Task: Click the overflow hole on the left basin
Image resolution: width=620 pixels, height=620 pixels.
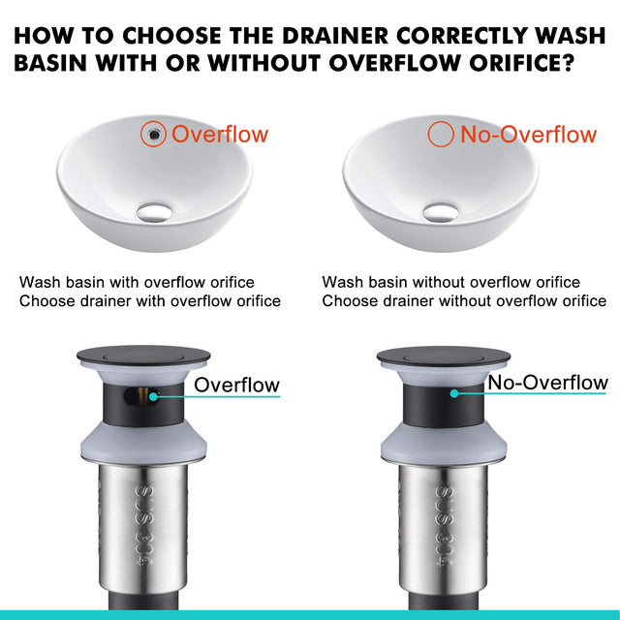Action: coord(153,134)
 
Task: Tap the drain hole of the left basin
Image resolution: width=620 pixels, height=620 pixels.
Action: coord(154,209)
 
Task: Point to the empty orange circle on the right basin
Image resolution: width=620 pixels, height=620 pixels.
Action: coord(441,134)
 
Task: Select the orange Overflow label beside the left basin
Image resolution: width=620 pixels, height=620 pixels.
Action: coord(220,134)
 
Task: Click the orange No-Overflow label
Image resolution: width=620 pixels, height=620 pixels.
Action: coord(528,134)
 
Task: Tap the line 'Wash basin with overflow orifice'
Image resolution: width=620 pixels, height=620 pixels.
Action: coord(137,283)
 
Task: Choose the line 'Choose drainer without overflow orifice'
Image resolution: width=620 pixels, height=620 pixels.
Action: coord(464,301)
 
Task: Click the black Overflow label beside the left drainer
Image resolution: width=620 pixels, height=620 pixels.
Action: coord(236,385)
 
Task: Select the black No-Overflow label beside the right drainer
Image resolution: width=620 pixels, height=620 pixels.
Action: coord(547,383)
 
